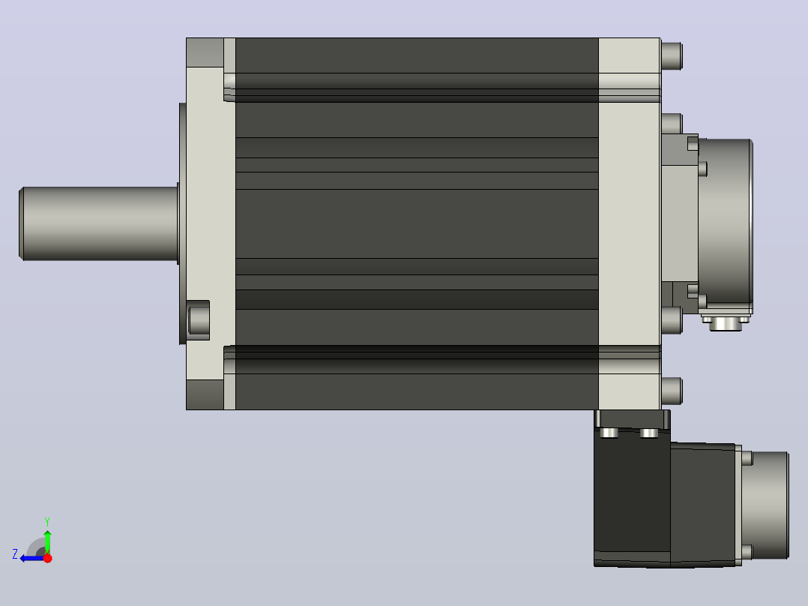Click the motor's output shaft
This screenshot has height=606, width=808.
(98, 223)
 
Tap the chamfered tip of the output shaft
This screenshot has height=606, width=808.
(21, 223)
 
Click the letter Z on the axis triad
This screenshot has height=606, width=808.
(15, 554)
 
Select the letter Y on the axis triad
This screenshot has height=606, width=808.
(47, 521)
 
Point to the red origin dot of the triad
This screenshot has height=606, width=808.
(47, 558)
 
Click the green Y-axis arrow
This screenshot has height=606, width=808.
(47, 541)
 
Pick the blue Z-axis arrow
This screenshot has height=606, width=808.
(32, 558)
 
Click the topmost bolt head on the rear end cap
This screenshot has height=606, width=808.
(672, 55)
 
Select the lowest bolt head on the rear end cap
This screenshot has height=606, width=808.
(672, 391)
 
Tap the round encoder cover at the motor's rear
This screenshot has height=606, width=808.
(726, 222)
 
